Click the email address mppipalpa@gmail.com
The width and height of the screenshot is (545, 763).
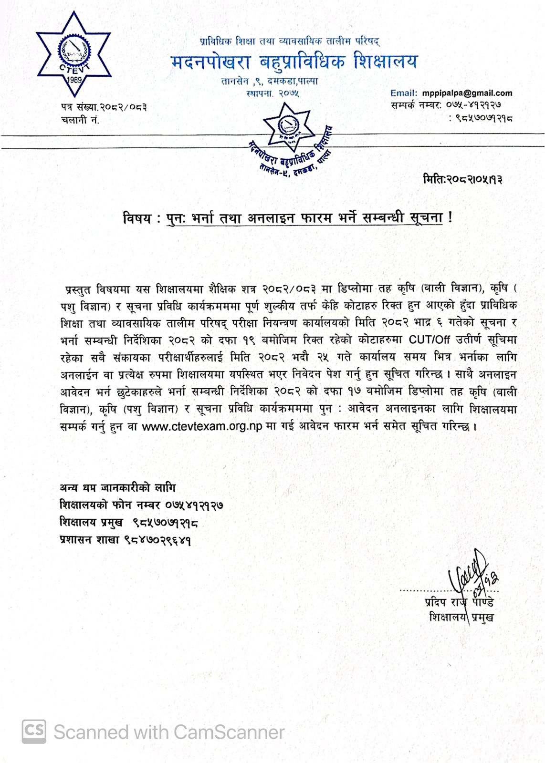[x=466, y=93]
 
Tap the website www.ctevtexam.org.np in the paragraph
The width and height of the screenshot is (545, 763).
[x=202, y=426]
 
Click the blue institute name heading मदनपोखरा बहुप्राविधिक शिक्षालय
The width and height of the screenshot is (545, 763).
[x=294, y=61]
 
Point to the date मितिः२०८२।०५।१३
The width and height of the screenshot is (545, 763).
[x=462, y=180]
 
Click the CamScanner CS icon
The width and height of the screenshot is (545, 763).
[x=34, y=731]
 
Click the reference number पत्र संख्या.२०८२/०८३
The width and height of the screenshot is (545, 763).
[x=104, y=107]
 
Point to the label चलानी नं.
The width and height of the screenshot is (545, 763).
[x=80, y=120]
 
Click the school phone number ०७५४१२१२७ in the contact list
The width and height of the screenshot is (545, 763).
[x=195, y=505]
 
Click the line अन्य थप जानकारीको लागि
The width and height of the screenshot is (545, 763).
[x=117, y=488]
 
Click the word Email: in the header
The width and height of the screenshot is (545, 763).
[x=403, y=93]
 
